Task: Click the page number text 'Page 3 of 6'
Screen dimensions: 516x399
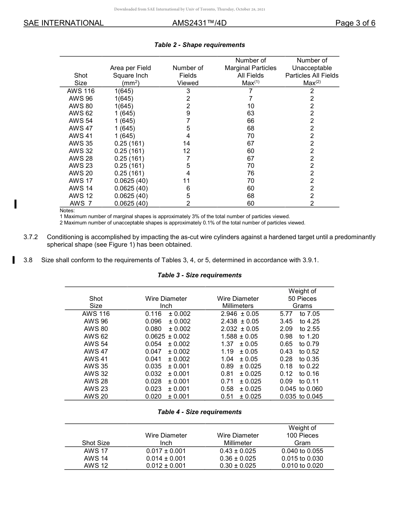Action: [x=355, y=23]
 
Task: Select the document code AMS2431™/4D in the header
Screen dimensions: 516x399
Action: [x=199, y=23]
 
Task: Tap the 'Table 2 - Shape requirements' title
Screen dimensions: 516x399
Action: [x=199, y=45]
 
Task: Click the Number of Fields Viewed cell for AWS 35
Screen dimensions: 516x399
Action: [x=188, y=143]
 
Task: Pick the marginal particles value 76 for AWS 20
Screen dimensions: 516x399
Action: [x=250, y=173]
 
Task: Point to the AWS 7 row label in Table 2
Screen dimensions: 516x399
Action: [x=81, y=203]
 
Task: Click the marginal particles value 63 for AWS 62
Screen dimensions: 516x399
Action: [x=250, y=113]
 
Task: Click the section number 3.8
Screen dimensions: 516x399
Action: [x=28, y=260]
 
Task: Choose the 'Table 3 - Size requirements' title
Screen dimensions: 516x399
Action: [x=199, y=275]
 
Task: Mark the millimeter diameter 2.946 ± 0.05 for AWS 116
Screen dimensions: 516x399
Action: [x=239, y=314]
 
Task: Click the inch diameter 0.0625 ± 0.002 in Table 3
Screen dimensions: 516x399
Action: [x=167, y=336]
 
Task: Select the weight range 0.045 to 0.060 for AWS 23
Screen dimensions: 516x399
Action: [x=301, y=389]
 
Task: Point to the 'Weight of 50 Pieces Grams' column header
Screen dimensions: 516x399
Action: [x=302, y=298]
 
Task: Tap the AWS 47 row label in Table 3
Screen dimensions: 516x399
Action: [x=96, y=352]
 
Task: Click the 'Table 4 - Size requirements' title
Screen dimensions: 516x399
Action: [x=199, y=412]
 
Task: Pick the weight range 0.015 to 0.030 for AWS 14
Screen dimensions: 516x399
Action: [x=302, y=459]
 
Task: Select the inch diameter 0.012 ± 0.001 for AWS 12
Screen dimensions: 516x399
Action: [x=166, y=466]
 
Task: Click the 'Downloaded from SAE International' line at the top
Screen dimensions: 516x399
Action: [x=189, y=9]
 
